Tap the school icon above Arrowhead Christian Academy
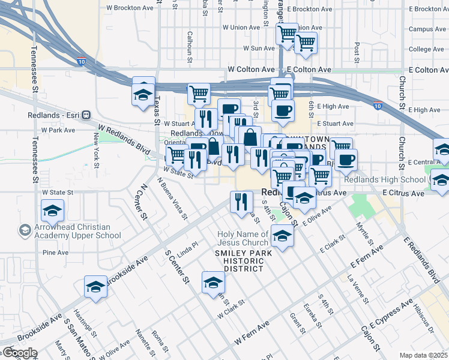pos(52,211)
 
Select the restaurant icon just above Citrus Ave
pos(241,202)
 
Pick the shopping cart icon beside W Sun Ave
pos(306,43)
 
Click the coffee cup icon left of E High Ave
pos(283,110)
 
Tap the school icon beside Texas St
pos(143,94)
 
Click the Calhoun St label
pos(190,47)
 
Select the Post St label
pos(357,52)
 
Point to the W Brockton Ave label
pos(130,8)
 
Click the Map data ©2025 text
pos(424,355)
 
